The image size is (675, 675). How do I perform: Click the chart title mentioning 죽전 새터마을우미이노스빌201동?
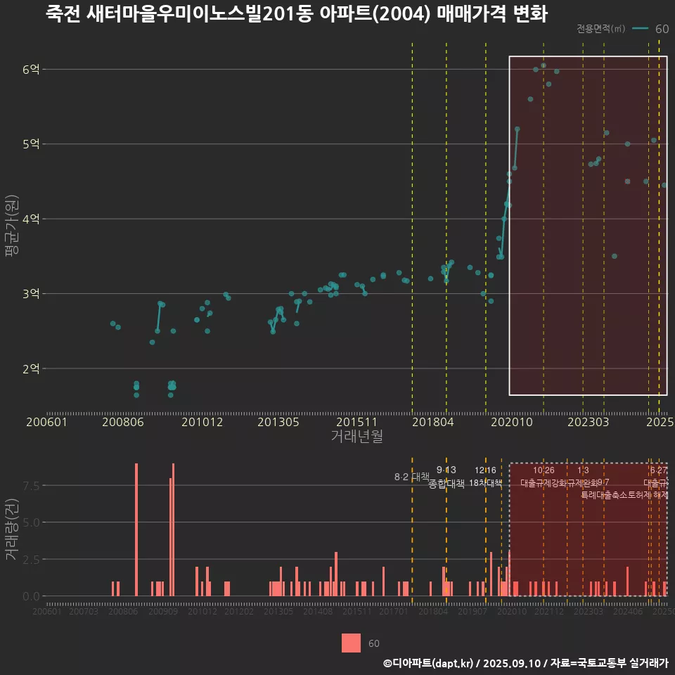click(296, 14)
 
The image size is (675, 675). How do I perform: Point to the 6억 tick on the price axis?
click(31, 69)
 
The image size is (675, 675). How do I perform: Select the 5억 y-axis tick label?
click(31, 144)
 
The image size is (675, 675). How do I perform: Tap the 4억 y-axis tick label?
click(31, 219)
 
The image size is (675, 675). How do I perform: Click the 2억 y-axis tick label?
click(31, 368)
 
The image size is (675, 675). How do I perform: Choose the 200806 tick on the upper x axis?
click(123, 422)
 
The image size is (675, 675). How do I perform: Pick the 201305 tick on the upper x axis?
click(278, 422)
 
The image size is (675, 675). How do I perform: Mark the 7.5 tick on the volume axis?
click(30, 486)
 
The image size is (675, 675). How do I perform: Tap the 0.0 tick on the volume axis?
click(30, 596)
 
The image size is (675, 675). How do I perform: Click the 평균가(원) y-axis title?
click(11, 229)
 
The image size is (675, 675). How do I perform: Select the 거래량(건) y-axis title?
click(11, 529)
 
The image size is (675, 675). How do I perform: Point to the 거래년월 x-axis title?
click(356, 436)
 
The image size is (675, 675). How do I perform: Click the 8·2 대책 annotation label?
click(412, 477)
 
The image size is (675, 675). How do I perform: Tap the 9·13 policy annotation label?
click(446, 470)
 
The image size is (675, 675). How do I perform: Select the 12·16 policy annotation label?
click(485, 470)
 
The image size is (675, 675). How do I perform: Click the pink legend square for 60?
click(351, 643)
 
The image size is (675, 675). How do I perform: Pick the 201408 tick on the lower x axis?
click(318, 612)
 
